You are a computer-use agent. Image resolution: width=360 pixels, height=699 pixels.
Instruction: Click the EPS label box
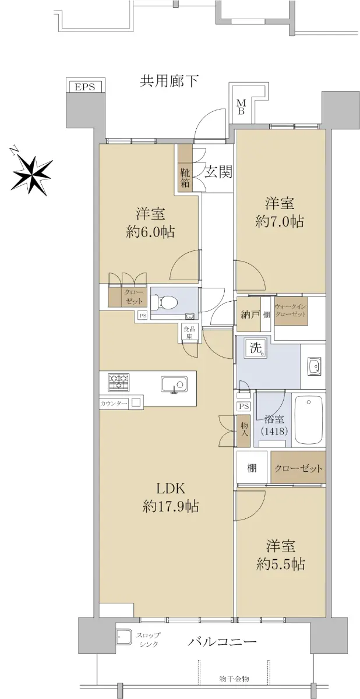tap(85, 86)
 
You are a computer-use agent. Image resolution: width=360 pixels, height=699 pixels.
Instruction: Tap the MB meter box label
tap(241, 107)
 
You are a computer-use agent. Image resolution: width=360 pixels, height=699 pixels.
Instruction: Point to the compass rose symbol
tap(32, 171)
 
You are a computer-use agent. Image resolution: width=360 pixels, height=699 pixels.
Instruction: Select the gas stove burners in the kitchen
tap(119, 382)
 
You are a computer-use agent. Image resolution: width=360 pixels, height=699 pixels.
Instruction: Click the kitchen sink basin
tap(174, 384)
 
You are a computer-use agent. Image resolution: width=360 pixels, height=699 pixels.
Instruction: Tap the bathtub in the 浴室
tap(309, 420)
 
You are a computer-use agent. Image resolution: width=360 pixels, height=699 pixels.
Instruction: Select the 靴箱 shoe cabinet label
tap(185, 178)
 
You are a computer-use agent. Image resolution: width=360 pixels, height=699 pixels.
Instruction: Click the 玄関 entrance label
tap(218, 172)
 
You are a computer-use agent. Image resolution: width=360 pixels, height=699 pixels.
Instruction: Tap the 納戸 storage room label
tap(249, 315)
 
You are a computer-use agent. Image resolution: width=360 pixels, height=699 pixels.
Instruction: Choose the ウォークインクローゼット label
tap(291, 310)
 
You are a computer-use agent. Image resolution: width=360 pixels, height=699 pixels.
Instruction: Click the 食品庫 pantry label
tap(190, 333)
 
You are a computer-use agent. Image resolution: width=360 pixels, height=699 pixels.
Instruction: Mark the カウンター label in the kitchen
tap(114, 404)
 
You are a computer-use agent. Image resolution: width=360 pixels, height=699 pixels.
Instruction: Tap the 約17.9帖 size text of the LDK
tap(171, 506)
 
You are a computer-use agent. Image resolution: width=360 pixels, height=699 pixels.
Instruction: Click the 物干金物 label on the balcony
tap(234, 679)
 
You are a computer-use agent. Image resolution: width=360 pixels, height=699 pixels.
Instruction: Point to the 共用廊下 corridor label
tap(169, 81)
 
